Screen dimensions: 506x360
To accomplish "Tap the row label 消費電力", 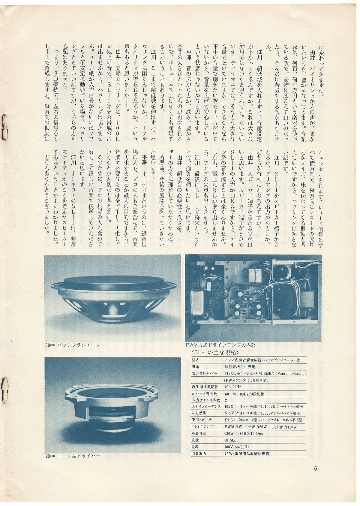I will click(x=199, y=454).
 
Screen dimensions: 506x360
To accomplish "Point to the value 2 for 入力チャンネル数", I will click(x=226, y=400).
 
